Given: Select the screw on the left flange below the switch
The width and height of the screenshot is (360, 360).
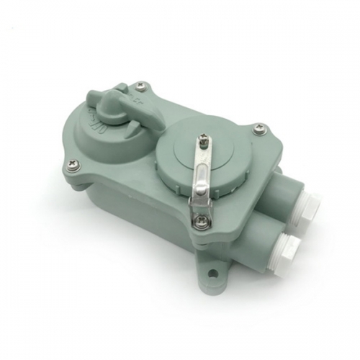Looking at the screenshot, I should click(x=74, y=166).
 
